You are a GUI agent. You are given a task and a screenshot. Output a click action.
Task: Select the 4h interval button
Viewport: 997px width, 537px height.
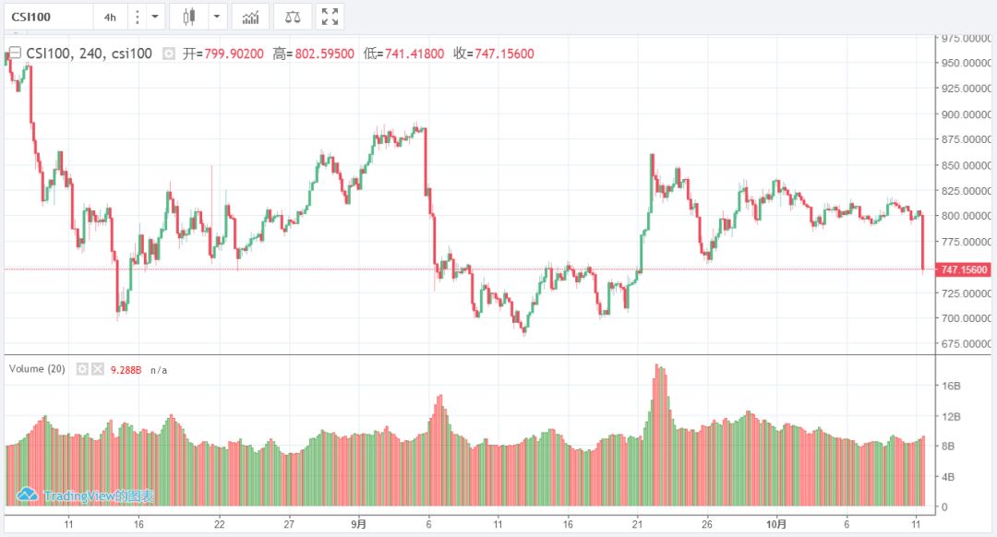110,17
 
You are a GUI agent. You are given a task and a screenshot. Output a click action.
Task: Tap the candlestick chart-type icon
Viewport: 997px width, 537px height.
189,17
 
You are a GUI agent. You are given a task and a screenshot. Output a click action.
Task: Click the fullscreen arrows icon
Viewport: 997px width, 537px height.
330,17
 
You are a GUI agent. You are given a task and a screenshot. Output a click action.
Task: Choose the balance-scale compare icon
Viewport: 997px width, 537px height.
293,17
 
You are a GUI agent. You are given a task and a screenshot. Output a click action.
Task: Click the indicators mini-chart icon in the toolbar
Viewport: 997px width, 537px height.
250,17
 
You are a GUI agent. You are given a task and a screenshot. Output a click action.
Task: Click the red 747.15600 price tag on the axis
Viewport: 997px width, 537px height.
964,269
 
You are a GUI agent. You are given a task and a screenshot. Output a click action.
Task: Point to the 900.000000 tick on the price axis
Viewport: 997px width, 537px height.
964,114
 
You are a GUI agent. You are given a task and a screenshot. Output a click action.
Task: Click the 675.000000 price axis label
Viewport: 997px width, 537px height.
964,343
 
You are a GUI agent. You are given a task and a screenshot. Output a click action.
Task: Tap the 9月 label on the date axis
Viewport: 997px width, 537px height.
358,524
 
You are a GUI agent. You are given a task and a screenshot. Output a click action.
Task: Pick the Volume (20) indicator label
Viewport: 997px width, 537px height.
37,369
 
